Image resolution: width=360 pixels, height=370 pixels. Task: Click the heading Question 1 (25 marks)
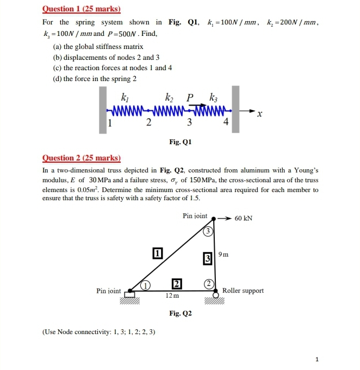[82, 9]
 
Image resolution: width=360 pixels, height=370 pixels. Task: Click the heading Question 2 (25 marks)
[82, 158]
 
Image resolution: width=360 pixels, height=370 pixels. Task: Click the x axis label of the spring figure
[260, 114]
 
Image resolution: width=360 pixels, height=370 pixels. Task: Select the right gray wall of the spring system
[235, 109]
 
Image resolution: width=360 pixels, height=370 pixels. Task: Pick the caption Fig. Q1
[180, 142]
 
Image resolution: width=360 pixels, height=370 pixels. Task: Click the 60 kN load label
[243, 218]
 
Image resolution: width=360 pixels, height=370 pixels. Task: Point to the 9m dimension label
[223, 254]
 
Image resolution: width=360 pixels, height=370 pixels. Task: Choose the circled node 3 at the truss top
[207, 231]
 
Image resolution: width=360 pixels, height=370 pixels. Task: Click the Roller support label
[243, 291]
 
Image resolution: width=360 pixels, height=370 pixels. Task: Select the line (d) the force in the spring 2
[95, 79]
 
